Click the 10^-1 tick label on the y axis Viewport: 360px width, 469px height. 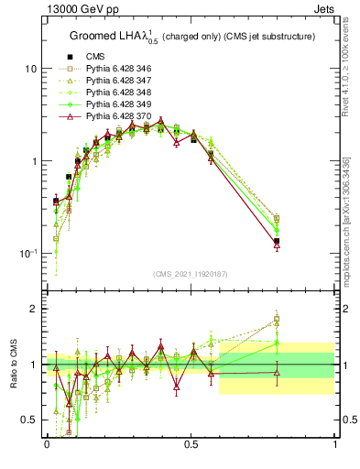click(29, 253)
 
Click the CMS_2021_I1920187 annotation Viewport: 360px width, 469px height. click(191, 274)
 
